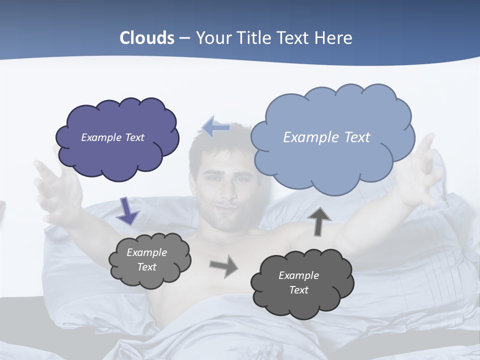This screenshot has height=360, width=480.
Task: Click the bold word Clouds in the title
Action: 147,38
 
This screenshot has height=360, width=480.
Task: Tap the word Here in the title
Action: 334,38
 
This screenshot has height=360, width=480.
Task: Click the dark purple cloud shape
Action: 117,138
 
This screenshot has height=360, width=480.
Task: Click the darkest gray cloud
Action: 301,283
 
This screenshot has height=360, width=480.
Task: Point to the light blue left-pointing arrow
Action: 216,128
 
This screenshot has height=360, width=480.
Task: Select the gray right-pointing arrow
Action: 223,266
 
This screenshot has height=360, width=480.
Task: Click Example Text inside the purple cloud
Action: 112,137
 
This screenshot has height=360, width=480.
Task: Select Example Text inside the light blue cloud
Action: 326,137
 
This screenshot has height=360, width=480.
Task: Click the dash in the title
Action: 184,38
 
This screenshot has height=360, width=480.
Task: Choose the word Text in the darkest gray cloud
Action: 299,290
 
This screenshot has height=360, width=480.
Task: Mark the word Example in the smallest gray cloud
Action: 146,252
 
